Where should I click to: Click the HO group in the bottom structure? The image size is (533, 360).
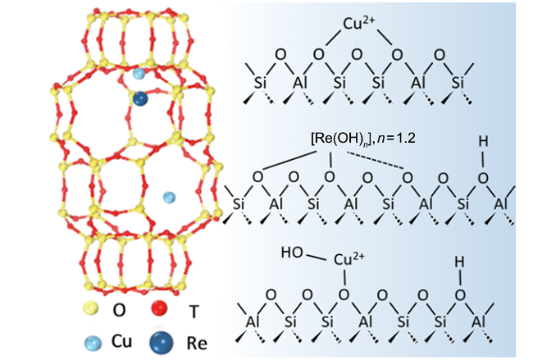291,251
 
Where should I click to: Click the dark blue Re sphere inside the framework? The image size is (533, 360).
141,99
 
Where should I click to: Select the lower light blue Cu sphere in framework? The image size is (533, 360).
169,197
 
